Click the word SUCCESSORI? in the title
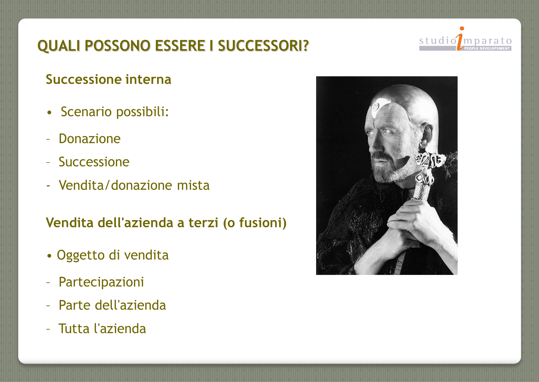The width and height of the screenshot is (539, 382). [263, 46]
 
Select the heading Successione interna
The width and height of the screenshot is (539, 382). [109, 80]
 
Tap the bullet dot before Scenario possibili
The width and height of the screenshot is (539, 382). [49, 112]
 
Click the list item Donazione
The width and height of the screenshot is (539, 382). [89, 139]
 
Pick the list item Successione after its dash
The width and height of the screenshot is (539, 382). [94, 162]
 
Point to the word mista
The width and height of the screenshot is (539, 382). [193, 185]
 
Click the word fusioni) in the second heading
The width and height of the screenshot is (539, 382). [263, 223]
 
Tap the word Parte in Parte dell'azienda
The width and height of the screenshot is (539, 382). [75, 305]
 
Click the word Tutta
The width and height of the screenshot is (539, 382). [74, 329]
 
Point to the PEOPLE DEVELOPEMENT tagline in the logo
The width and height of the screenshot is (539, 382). [487, 49]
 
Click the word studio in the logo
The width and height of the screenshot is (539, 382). [438, 41]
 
